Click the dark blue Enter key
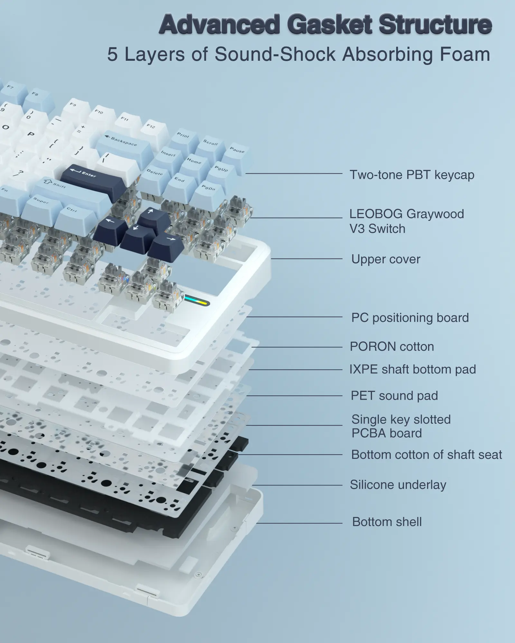pos(93,181)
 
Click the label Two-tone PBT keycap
pos(412,175)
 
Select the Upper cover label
pos(386,259)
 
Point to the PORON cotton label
pos(392,347)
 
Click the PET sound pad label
pos(394,396)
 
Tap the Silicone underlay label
pos(398,485)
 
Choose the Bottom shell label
pos(387,522)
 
